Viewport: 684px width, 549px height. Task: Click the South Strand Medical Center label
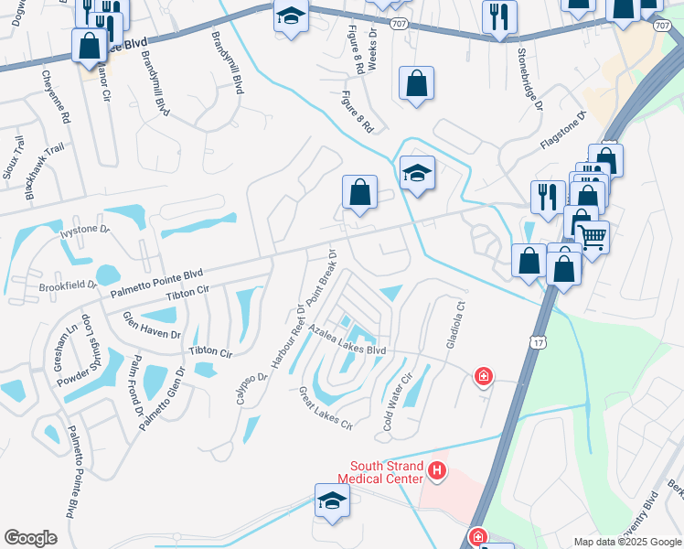pyautogui.click(x=380, y=471)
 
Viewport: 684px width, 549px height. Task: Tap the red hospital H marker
pyautogui.click(x=437, y=471)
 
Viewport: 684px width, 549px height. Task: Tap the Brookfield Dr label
pyautogui.click(x=68, y=285)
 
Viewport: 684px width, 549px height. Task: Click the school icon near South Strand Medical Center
pyautogui.click(x=333, y=500)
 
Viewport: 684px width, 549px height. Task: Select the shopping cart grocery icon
pyautogui.click(x=592, y=237)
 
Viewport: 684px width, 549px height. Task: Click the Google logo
pyautogui.click(x=30, y=538)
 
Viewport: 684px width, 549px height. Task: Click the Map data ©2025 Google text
pyautogui.click(x=626, y=542)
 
